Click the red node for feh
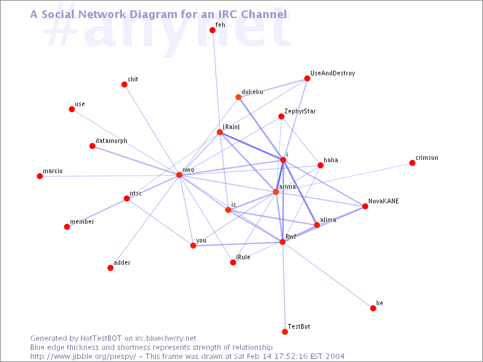point(213,30)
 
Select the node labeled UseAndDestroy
point(307,78)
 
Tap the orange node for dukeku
point(238,97)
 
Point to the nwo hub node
point(179,175)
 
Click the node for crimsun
point(412,163)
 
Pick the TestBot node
point(285,332)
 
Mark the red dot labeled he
point(373,308)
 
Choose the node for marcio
point(40,176)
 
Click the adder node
point(110,268)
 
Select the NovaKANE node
point(365,206)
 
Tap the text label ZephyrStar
point(300,112)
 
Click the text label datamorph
point(111,141)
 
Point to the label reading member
point(82,221)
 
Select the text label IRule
point(243,257)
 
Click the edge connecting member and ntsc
point(97,213)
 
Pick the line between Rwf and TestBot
point(284,287)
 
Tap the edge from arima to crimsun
point(344,177)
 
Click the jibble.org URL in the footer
point(83,357)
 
